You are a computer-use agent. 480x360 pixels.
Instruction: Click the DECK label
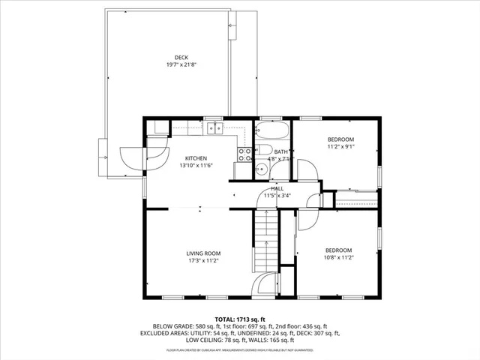point(181,58)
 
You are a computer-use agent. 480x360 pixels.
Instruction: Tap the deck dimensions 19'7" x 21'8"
point(181,65)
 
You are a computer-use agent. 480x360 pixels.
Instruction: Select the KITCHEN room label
point(196,158)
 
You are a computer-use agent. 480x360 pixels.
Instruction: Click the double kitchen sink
point(215,128)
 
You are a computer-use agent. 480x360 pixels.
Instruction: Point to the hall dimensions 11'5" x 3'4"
point(277,196)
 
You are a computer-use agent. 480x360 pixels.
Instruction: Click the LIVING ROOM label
point(202,253)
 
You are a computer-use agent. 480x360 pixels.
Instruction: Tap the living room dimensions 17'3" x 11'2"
point(202,261)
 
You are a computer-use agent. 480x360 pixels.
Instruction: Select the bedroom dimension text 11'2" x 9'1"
point(340,147)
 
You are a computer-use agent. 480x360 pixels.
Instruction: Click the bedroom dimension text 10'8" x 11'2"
point(338,257)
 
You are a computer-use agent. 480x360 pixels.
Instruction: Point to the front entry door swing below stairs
point(265,286)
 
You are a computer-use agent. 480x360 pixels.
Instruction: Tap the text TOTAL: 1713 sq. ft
point(240,319)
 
